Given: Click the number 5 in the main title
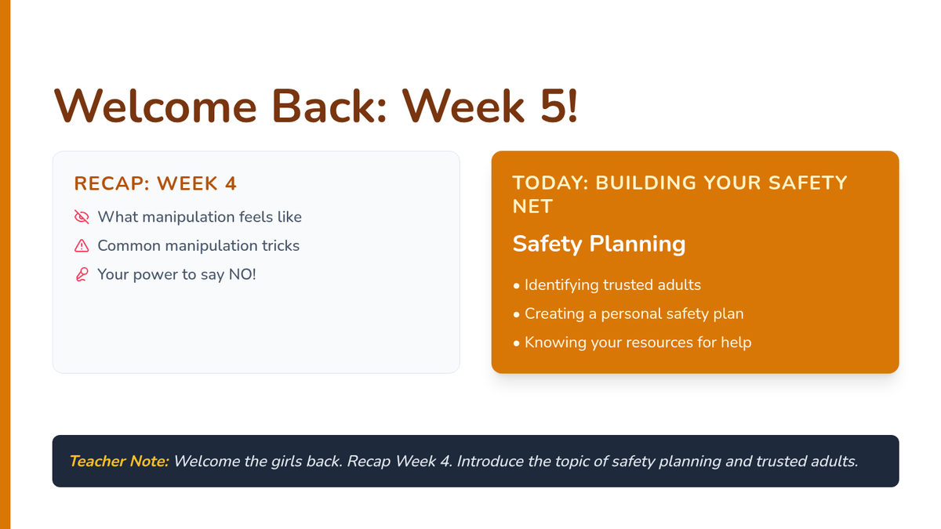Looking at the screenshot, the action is point(554,106).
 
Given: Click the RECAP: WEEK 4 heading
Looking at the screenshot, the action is point(155,183).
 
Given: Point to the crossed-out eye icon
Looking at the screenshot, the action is point(82,216).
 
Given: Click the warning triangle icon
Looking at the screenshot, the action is point(82,245).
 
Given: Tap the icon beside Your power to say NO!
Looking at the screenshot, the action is point(82,274).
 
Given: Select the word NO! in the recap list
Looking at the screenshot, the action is point(242,274).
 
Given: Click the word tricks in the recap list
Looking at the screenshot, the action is point(281,245).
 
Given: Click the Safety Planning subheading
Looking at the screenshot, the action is point(599,244).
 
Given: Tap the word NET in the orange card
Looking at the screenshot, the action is point(532,207).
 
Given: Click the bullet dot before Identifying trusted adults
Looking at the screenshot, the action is point(516,286).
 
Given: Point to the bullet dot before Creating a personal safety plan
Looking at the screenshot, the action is point(516,315).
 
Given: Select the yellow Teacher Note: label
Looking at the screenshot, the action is point(119,461).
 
